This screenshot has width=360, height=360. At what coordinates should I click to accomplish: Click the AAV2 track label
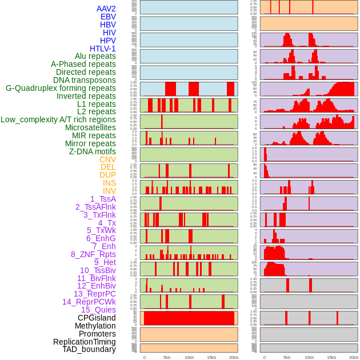click(x=106, y=9)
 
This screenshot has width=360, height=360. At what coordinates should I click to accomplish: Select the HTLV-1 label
click(x=102, y=49)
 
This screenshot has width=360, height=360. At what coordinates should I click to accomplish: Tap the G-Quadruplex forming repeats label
click(x=61, y=88)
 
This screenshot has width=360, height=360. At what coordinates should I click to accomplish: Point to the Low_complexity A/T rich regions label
click(x=58, y=119)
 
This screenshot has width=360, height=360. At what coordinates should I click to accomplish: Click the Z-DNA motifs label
click(x=92, y=151)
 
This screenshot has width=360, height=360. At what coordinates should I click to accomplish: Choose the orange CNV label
click(x=107, y=159)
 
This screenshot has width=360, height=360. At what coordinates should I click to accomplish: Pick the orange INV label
click(x=109, y=191)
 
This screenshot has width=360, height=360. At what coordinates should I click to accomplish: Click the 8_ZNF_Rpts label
click(x=93, y=254)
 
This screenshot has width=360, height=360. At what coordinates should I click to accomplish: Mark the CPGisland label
click(x=97, y=318)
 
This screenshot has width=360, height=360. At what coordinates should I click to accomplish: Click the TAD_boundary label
click(x=89, y=349)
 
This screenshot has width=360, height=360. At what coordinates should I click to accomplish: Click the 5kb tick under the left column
click(x=167, y=357)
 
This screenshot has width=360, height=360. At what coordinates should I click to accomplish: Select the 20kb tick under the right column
click(x=354, y=357)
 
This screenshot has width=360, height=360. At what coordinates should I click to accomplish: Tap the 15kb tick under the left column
click(x=211, y=357)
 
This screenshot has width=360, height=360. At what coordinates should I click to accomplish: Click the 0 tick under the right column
click(x=264, y=357)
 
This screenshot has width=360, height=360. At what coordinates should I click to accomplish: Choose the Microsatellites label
click(x=90, y=127)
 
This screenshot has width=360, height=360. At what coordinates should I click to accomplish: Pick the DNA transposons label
click(x=84, y=80)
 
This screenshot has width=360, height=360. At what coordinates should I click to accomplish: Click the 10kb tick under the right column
click(x=309, y=357)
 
